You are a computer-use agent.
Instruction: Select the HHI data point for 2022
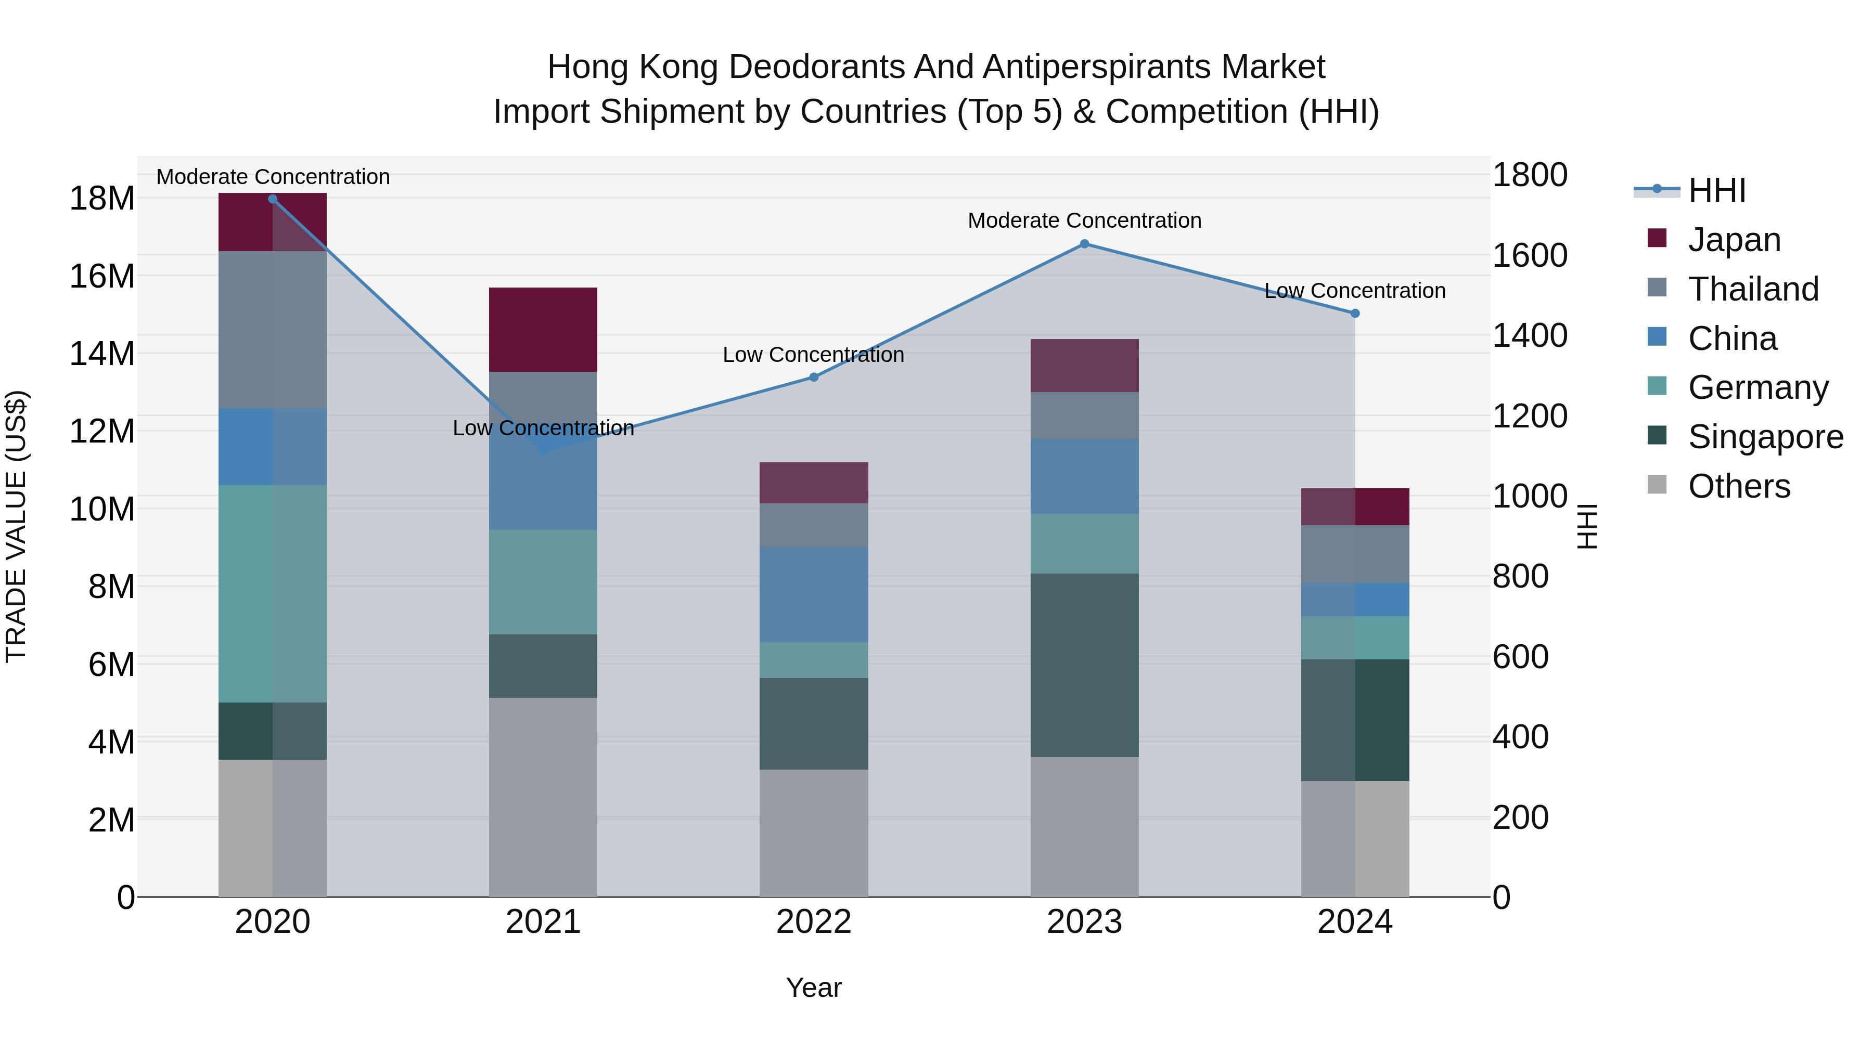click(x=814, y=377)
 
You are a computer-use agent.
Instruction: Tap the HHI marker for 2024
click(x=1355, y=313)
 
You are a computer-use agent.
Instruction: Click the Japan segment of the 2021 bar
click(x=543, y=329)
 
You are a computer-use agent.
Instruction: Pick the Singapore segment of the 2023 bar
click(x=1084, y=665)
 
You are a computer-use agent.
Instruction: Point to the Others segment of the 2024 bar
click(x=1355, y=839)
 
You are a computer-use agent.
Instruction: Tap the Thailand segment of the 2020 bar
click(x=272, y=329)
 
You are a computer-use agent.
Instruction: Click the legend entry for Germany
click(x=1757, y=387)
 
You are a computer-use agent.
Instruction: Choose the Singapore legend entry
click(x=1765, y=437)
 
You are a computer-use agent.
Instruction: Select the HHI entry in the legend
click(x=1716, y=190)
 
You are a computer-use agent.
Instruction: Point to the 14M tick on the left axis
click(x=102, y=354)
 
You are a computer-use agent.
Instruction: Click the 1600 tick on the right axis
click(x=1530, y=256)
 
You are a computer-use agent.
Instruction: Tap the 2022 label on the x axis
click(x=814, y=922)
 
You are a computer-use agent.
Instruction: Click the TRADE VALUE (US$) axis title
click(x=16, y=526)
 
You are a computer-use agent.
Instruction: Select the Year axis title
click(x=814, y=987)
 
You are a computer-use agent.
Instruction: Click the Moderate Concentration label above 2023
click(x=1084, y=220)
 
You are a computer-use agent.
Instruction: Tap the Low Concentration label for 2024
click(x=1355, y=291)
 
